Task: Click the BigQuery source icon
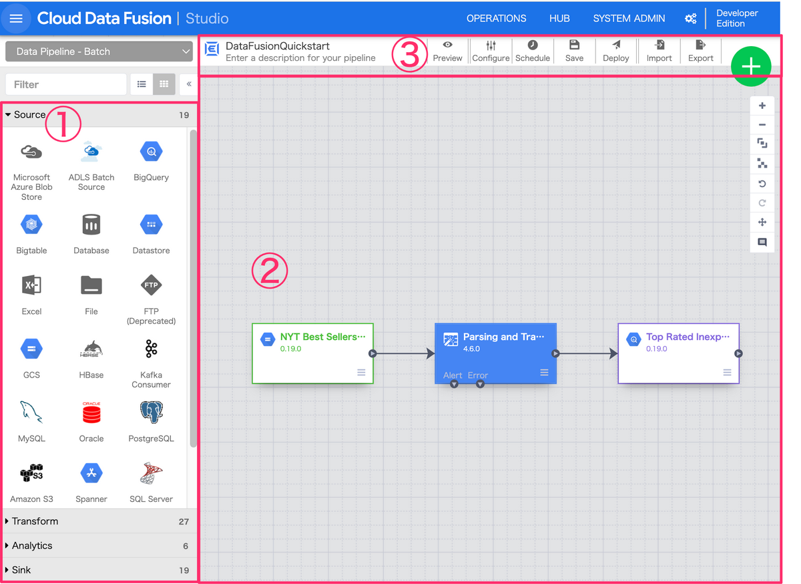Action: click(152, 152)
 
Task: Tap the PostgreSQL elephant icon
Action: click(152, 412)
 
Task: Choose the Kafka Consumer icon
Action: click(152, 349)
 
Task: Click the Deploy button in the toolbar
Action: click(615, 51)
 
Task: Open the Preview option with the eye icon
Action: click(447, 51)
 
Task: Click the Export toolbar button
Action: click(700, 51)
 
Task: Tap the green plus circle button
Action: click(750, 66)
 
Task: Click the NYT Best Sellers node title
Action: click(323, 337)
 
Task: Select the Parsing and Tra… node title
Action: click(503, 337)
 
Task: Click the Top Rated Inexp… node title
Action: click(688, 337)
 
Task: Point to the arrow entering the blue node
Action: click(404, 353)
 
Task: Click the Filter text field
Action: click(66, 84)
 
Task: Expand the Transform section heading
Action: click(35, 521)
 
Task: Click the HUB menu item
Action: click(559, 18)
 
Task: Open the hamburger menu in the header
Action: click(16, 18)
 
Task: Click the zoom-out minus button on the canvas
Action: click(762, 125)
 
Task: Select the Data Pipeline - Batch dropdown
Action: click(99, 51)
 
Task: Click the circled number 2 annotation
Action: click(269, 271)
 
